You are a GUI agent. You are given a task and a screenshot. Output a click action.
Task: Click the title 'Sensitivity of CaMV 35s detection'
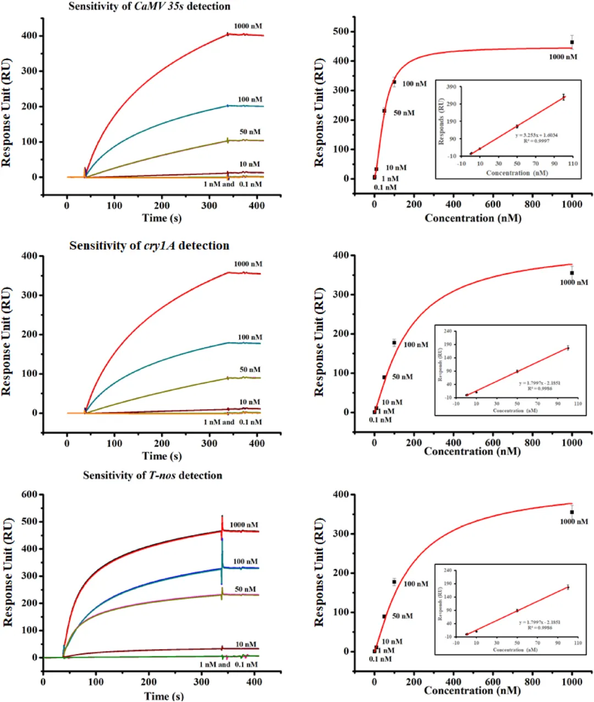pyautogui.click(x=149, y=7)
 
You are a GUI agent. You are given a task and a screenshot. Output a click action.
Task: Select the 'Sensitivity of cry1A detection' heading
pyautogui.click(x=149, y=246)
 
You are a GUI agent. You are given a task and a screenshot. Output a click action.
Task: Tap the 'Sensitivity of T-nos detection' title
pyautogui.click(x=152, y=475)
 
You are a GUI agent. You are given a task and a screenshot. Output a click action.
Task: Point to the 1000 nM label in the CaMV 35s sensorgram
pyautogui.click(x=248, y=26)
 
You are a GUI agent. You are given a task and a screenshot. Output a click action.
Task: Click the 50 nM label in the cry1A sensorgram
pyautogui.click(x=250, y=370)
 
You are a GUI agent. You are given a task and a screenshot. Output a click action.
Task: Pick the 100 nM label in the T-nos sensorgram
pyautogui.click(x=245, y=562)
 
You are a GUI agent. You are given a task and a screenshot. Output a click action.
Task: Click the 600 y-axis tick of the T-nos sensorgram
pyautogui.click(x=28, y=495)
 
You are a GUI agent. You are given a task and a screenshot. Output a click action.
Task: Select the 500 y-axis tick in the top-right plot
pyautogui.click(x=341, y=31)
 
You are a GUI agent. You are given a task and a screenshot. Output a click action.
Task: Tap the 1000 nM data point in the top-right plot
pyautogui.click(x=572, y=42)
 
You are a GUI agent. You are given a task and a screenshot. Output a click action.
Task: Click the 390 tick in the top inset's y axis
pyautogui.click(x=450, y=87)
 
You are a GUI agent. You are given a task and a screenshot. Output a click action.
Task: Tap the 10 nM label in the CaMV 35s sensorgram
pyautogui.click(x=249, y=164)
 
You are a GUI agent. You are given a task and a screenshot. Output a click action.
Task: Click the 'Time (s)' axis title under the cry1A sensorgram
pyautogui.click(x=162, y=456)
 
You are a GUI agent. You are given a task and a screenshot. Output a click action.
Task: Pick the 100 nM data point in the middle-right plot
pyautogui.click(x=394, y=343)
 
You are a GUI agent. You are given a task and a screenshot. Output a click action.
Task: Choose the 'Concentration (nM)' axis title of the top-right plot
pyautogui.click(x=473, y=218)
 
